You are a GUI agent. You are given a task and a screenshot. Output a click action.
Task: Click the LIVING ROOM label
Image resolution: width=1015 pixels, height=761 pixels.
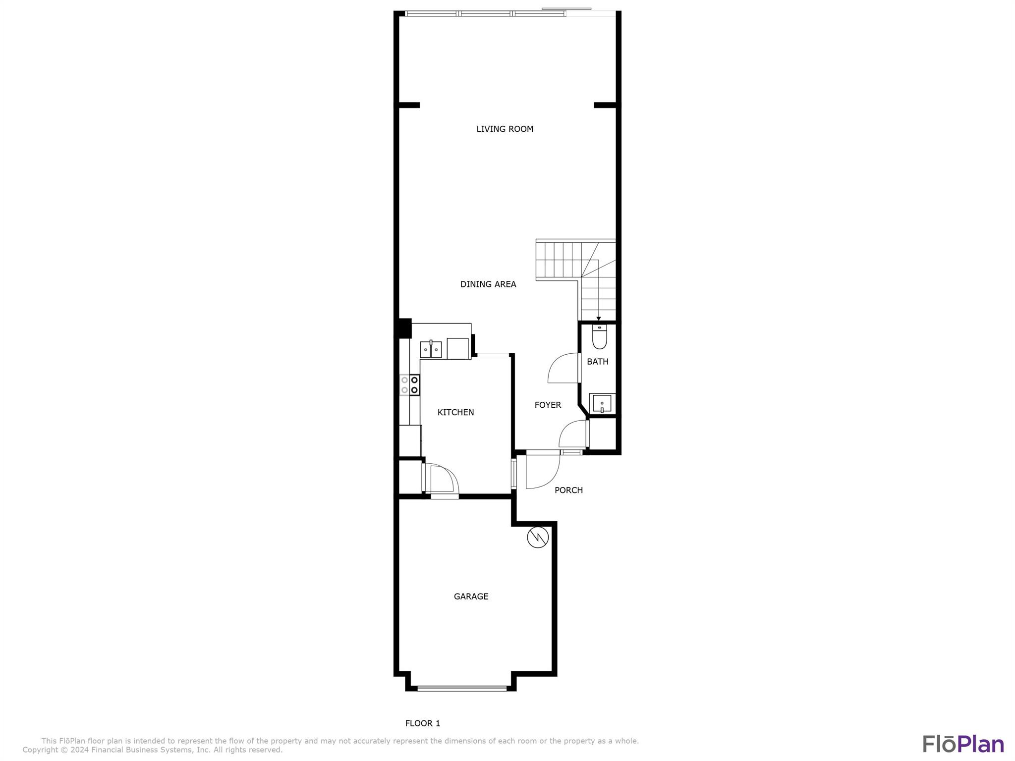(505, 129)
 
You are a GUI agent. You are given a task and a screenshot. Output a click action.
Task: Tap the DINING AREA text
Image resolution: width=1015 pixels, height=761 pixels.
(488, 284)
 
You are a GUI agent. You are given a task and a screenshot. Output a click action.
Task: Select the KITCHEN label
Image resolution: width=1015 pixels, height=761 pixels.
(455, 412)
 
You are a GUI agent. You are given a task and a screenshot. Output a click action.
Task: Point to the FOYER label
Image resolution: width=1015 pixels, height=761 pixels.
(548, 405)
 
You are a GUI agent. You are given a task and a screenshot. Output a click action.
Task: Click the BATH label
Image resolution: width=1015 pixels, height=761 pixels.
(598, 362)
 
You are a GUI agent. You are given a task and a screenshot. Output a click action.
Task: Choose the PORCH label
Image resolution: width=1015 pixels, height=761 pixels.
(568, 490)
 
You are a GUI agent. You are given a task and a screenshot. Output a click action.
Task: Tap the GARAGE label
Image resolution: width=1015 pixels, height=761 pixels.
(471, 597)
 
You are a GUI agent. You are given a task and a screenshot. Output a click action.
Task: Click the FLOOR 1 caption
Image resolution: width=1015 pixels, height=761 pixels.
(422, 723)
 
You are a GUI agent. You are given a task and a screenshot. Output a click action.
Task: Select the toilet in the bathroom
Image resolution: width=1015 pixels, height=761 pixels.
(600, 337)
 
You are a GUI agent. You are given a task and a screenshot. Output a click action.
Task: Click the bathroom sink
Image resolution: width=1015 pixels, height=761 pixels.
(602, 404)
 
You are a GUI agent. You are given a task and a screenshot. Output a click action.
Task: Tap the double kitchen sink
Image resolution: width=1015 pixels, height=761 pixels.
(431, 349)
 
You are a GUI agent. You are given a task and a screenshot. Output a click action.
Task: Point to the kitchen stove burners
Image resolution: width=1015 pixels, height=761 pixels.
(410, 385)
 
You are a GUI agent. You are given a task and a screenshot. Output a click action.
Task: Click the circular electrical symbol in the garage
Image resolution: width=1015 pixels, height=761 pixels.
(538, 538)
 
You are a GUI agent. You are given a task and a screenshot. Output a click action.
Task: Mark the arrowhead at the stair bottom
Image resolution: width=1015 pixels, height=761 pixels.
(599, 319)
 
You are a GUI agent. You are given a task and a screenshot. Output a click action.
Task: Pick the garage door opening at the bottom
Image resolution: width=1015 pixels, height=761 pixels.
(462, 688)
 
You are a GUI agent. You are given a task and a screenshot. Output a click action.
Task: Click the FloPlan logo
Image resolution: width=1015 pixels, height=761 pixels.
(963, 744)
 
